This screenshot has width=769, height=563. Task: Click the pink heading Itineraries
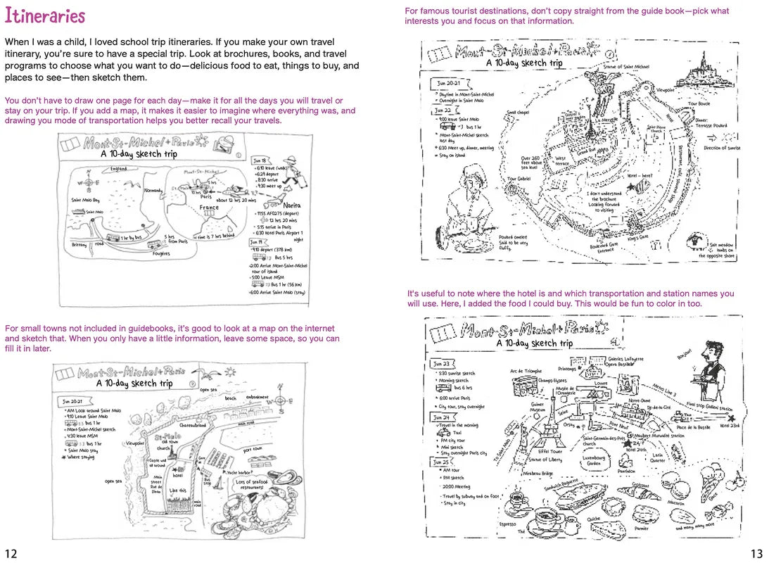45,16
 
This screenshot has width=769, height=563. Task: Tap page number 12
11,550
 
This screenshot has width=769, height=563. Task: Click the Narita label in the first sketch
292,205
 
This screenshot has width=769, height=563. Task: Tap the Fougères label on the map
161,253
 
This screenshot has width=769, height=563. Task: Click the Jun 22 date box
443,110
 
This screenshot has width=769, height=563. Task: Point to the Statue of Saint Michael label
625,67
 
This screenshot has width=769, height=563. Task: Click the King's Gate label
638,239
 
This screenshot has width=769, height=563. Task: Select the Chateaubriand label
193,425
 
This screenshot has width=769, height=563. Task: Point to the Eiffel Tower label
550,451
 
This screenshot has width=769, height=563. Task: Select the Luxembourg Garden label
595,460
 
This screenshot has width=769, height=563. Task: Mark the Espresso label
507,524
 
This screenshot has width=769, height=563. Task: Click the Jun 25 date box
441,462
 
